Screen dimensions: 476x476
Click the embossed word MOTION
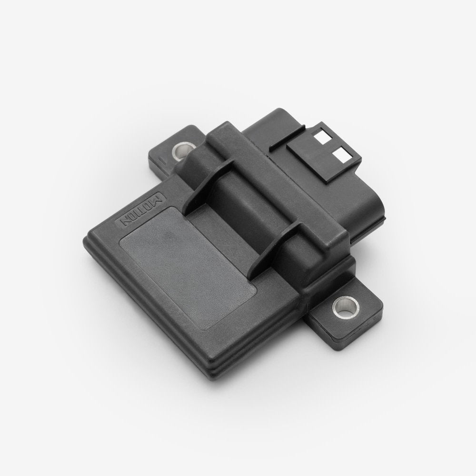click(143, 209)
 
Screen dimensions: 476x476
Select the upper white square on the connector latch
click(322, 139)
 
